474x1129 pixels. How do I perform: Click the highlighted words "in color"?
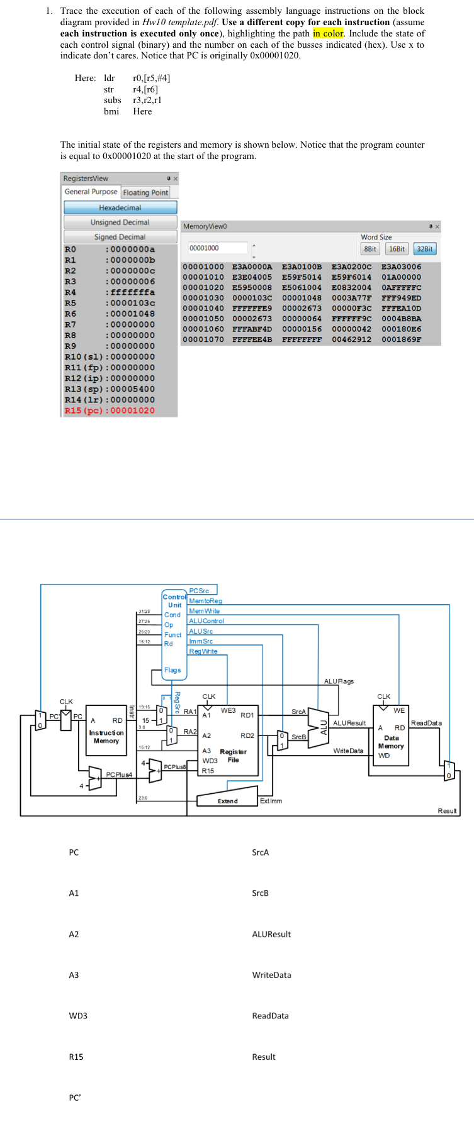point(328,33)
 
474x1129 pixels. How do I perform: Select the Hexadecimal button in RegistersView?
point(120,207)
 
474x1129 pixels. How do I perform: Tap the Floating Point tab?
point(145,192)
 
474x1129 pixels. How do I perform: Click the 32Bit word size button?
point(425,249)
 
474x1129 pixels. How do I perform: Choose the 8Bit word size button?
point(370,249)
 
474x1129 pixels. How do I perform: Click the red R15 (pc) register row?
point(110,410)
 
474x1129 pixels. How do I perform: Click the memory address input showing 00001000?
point(217,248)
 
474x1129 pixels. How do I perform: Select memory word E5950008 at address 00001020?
point(252,287)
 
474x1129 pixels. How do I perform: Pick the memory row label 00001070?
point(203,339)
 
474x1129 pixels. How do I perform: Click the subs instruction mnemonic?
point(112,100)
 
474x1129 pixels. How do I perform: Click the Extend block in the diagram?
point(227,800)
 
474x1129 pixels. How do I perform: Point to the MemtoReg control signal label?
point(205,601)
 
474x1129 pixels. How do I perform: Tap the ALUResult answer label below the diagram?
point(271,934)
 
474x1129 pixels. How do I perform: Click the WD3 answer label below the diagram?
point(78,1016)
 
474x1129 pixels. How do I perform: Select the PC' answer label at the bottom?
point(75,1098)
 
